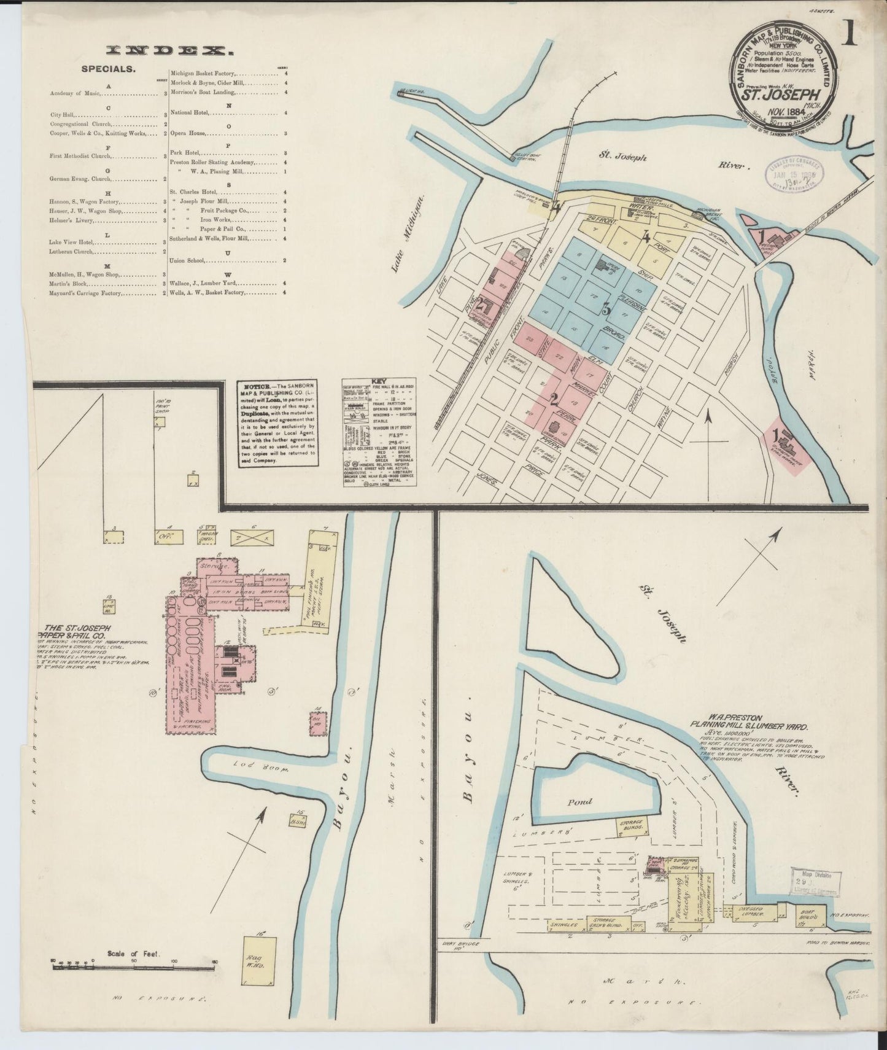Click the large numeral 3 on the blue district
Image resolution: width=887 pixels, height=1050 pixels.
[606, 310]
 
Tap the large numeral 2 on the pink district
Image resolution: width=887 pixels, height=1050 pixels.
[554, 400]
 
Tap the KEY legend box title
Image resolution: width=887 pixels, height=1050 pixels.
[379, 381]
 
